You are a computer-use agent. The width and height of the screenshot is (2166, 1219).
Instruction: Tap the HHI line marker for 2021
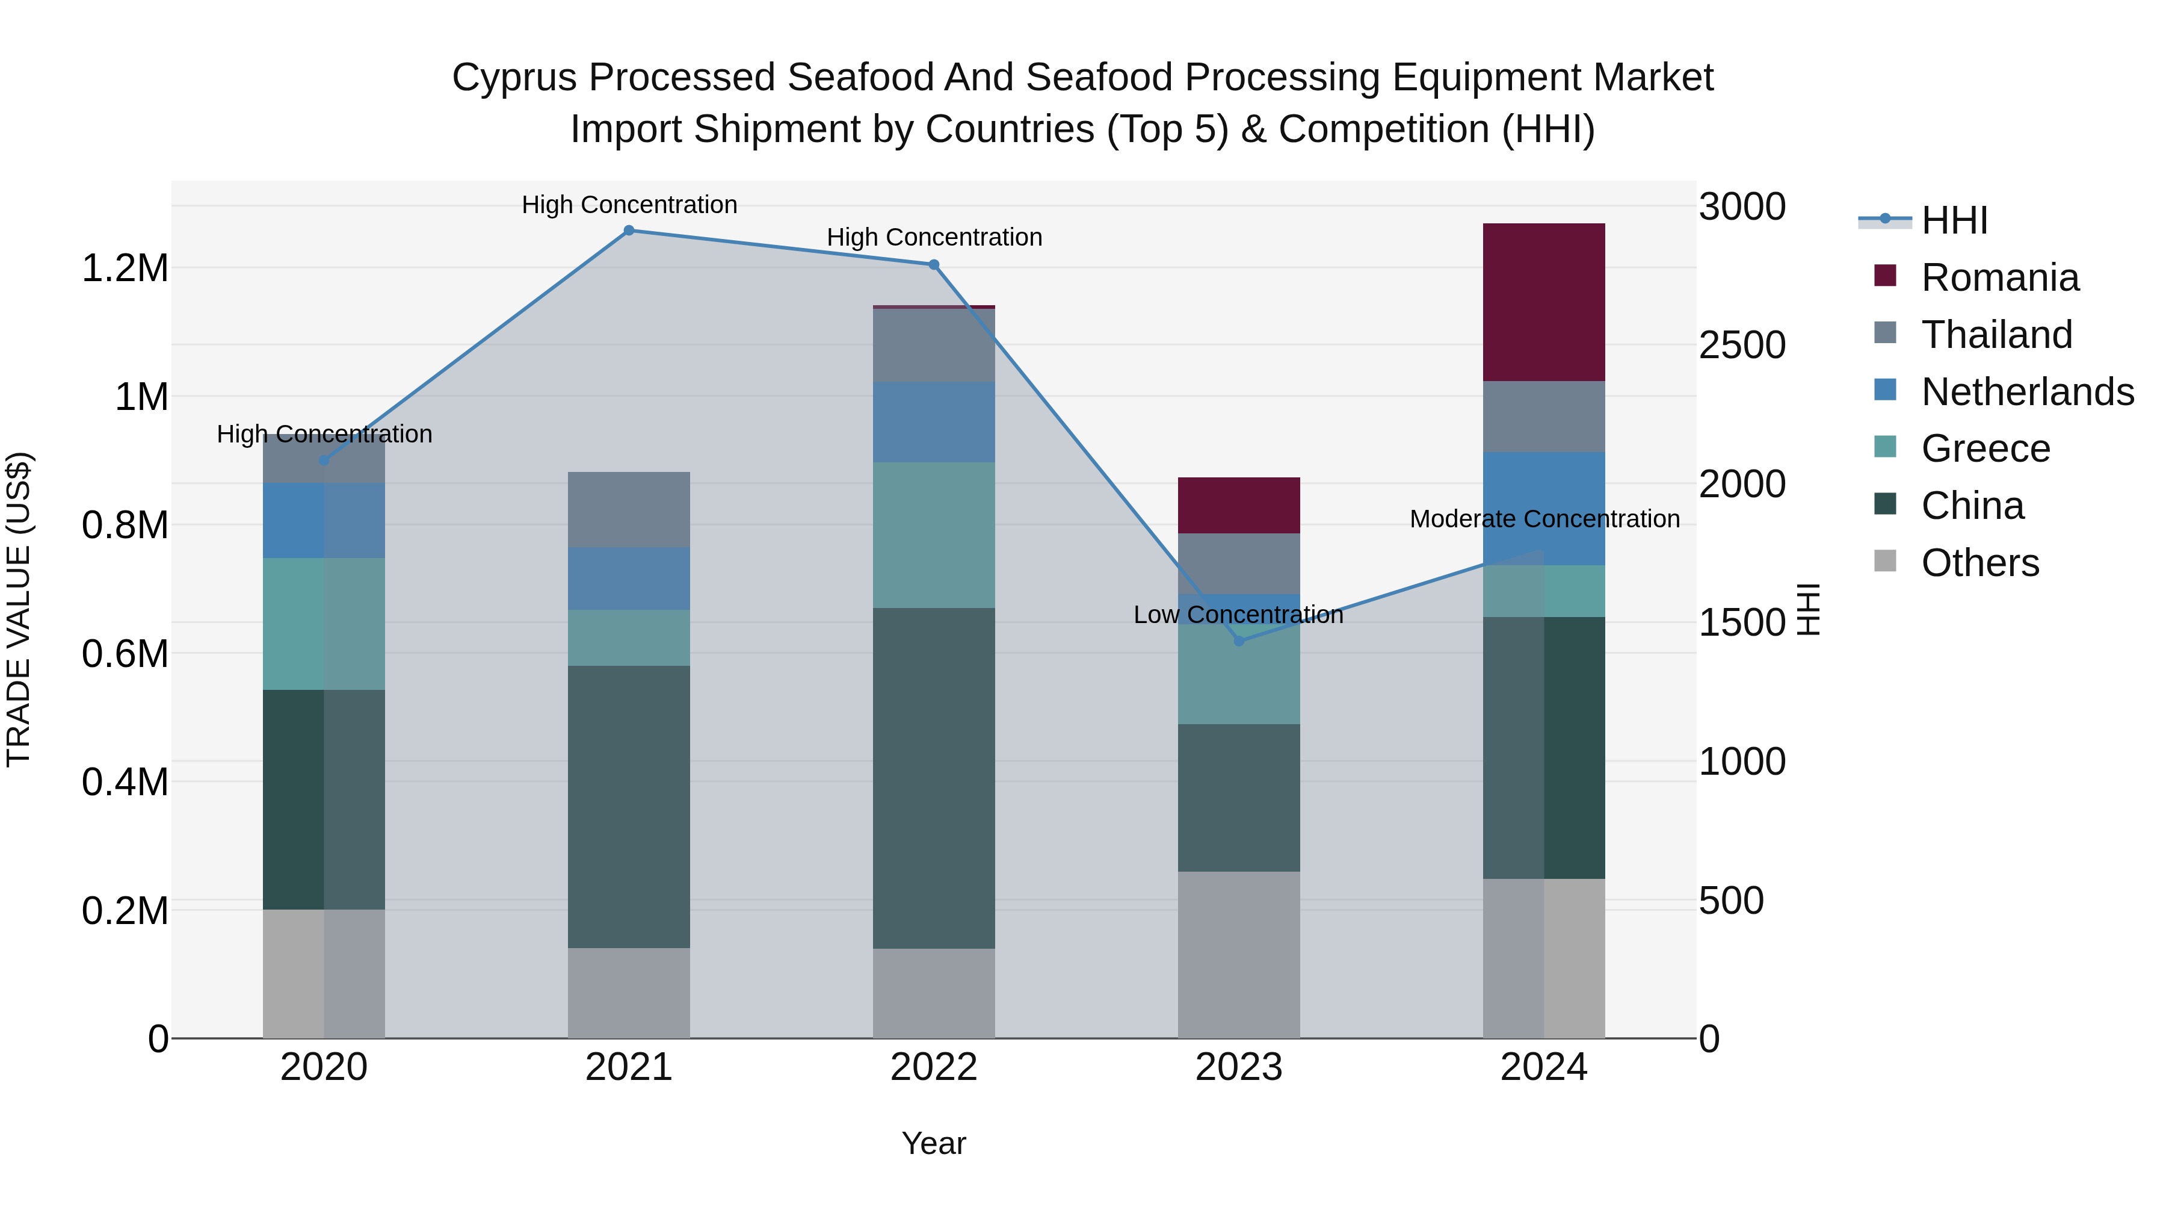629,231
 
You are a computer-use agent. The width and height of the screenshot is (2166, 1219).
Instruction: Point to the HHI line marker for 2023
1239,641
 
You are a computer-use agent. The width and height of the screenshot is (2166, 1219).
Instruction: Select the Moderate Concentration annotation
1544,519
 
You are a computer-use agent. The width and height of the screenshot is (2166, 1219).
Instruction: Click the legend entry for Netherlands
2026,392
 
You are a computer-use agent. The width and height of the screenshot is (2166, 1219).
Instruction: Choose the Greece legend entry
1984,448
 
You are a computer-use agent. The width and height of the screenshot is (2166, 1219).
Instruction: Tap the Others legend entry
1979,563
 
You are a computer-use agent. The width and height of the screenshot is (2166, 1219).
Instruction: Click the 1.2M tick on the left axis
125,268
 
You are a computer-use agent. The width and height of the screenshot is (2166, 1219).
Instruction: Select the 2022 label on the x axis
933,1067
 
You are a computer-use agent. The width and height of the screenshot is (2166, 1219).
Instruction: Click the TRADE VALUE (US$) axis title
19,609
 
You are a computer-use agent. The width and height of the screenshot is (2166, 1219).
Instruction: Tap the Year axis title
933,1143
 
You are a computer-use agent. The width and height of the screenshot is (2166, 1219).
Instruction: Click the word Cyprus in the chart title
514,78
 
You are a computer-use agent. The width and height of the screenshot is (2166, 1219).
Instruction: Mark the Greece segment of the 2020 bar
324,624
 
